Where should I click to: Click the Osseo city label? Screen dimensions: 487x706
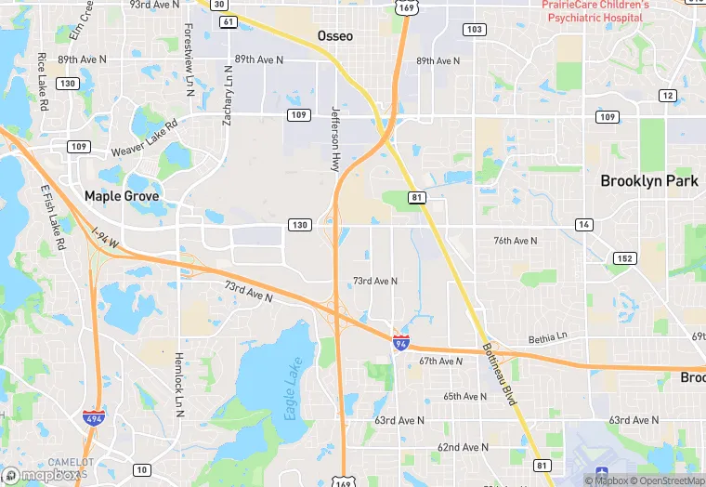click(335, 35)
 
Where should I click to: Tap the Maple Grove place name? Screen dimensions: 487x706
click(122, 196)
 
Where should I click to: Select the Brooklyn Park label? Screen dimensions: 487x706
click(648, 181)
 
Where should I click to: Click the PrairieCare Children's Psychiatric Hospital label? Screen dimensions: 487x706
click(595, 11)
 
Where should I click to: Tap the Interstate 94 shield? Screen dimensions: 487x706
click(401, 343)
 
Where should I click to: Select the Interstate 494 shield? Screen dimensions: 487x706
click(93, 418)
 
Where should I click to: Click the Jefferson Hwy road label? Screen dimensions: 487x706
click(335, 138)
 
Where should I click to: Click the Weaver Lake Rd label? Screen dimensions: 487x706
click(144, 138)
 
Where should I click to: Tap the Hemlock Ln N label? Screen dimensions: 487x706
click(179, 383)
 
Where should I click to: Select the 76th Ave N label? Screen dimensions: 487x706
click(516, 241)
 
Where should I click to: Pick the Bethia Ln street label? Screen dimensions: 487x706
click(547, 339)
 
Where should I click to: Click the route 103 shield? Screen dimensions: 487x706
click(475, 30)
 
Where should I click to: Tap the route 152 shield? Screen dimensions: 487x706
click(624, 257)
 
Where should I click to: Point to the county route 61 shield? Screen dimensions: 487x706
click(229, 21)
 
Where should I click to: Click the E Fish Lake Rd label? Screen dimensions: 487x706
click(53, 217)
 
